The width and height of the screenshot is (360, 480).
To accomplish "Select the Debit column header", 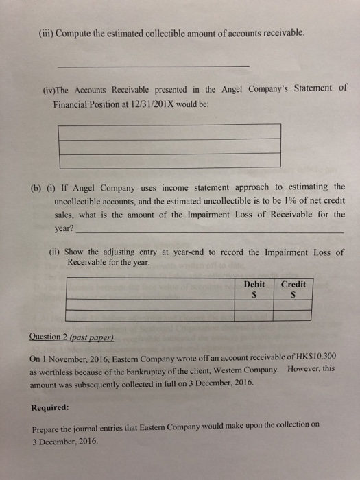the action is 254,284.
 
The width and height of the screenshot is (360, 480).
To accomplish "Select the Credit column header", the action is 292,284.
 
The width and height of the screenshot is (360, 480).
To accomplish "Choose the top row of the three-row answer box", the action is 169,131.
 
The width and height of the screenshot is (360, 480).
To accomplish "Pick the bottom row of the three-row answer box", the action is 169,160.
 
